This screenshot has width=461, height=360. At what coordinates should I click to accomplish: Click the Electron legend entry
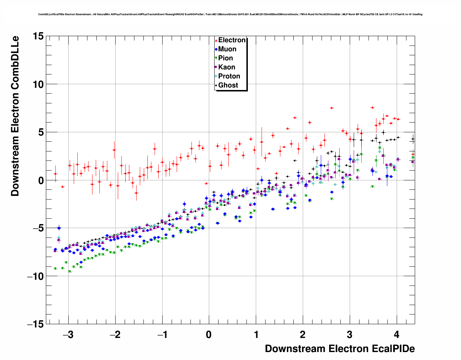click(x=232, y=40)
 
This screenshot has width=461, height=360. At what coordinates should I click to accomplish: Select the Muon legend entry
click(x=227, y=49)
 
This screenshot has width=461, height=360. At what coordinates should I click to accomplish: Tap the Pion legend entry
click(x=225, y=58)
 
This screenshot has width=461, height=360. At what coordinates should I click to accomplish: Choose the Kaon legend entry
click(x=227, y=67)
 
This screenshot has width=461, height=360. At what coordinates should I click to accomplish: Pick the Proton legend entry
click(x=229, y=76)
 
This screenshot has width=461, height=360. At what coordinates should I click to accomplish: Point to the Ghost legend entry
click(x=228, y=85)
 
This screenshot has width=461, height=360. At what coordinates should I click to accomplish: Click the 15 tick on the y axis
click(x=38, y=36)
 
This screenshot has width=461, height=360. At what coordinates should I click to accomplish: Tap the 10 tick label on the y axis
click(x=38, y=84)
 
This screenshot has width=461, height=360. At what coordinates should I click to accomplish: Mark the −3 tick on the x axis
click(x=68, y=335)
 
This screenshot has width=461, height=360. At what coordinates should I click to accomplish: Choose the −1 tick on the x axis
click(x=162, y=335)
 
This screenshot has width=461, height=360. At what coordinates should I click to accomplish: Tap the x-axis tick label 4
click(x=397, y=335)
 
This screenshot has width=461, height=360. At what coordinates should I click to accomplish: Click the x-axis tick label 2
click(x=303, y=335)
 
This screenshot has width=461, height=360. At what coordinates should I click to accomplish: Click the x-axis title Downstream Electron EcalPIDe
click(x=340, y=349)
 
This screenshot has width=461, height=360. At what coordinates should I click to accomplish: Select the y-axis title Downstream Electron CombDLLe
click(x=15, y=116)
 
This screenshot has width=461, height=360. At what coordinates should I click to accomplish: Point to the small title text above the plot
click(x=230, y=14)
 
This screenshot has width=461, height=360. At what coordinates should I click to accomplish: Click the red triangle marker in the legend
click(x=216, y=40)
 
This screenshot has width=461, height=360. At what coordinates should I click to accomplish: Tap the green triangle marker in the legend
click(x=216, y=58)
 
